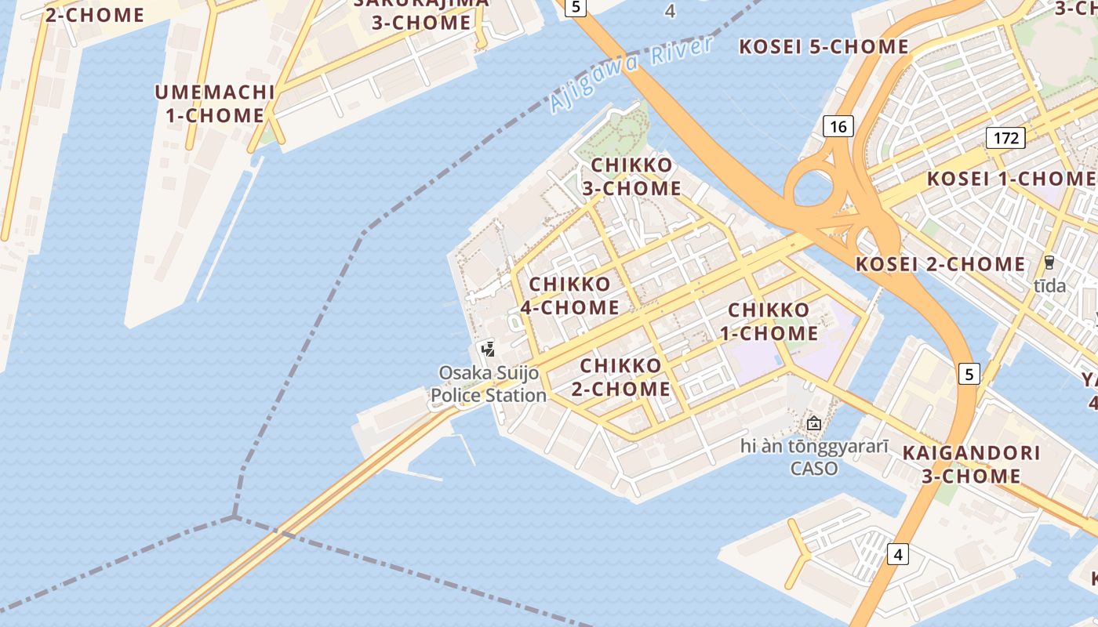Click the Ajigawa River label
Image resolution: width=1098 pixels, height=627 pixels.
coord(631,74)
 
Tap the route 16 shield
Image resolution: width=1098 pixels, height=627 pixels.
coord(838,126)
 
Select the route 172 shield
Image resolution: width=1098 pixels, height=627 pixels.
coord(1006,139)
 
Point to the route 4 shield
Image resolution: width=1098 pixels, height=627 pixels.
coord(898,555)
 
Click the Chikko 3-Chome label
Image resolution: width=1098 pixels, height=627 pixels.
coord(631,177)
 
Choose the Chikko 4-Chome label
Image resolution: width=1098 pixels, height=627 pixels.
coord(570,296)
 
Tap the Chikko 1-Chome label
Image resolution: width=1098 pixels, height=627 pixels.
coord(769,321)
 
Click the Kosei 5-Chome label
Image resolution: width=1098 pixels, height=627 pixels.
coord(823,47)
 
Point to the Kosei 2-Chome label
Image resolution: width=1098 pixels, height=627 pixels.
coord(940,264)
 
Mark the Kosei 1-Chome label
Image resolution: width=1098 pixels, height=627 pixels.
coord(1011,179)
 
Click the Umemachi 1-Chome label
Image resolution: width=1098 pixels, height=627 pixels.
coord(214,103)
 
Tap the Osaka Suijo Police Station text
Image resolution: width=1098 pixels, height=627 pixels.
coord(489,384)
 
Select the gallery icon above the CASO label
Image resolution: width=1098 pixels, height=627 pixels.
coord(814,424)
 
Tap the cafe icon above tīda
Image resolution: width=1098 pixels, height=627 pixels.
coord(1049,263)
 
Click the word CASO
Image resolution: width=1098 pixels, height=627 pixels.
coord(813,469)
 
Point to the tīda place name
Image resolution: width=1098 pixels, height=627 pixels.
coord(1049,286)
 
